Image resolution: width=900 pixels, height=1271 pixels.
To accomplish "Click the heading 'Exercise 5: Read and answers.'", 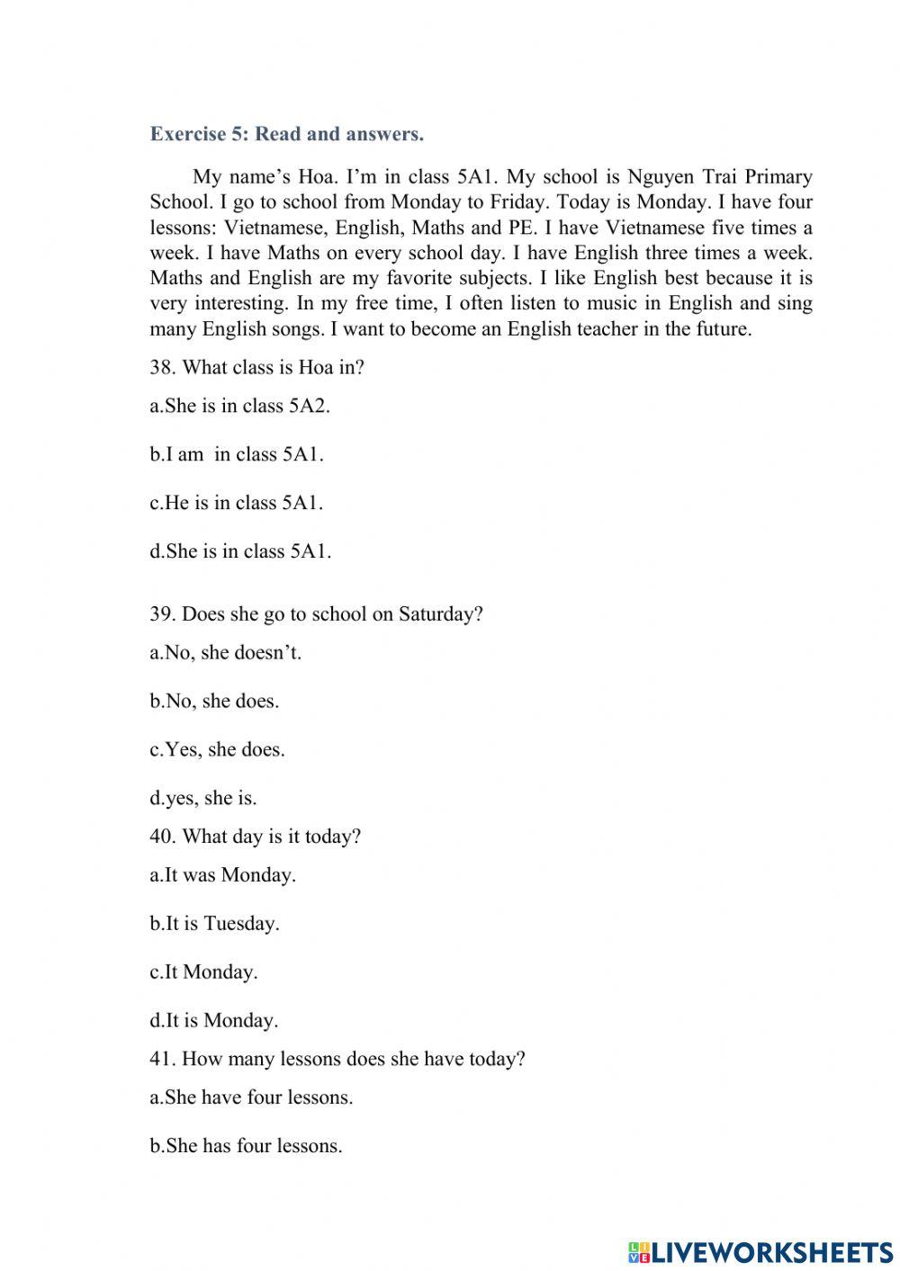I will tap(286, 134).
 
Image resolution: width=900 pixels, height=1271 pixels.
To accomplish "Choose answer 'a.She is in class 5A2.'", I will tap(240, 406).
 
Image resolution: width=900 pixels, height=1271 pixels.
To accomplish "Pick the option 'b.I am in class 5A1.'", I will tap(237, 454).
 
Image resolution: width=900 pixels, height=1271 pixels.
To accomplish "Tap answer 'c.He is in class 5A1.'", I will tap(237, 503).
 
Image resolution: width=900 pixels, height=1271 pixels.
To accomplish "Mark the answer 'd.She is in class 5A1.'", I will tap(240, 551).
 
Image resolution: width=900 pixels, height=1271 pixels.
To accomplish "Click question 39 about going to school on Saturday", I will tap(316, 614).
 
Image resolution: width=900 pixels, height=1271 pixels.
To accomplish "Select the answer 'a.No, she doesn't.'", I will tap(226, 653).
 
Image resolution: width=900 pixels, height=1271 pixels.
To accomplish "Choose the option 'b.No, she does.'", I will tap(214, 702).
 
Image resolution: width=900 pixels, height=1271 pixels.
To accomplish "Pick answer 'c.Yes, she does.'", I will tap(217, 750).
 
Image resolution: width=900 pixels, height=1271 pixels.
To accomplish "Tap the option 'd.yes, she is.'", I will tap(203, 799).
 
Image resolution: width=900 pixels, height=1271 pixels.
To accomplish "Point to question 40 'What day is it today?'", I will tap(255, 837).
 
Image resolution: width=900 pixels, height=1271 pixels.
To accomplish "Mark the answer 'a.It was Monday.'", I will tap(222, 875).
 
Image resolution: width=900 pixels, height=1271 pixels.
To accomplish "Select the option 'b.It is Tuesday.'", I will tap(214, 924).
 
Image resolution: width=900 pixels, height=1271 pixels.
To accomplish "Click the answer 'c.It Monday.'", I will tap(203, 972).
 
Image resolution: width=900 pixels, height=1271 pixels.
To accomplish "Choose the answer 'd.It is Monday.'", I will tap(214, 1021).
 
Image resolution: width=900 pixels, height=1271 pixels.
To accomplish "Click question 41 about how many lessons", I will tap(337, 1059).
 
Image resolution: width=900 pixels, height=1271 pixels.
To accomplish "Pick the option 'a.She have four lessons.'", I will tap(251, 1097).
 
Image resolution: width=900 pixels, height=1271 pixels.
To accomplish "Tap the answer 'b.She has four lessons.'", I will tap(246, 1146).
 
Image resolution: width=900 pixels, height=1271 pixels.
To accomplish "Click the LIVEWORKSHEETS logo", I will tap(760, 1251).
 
